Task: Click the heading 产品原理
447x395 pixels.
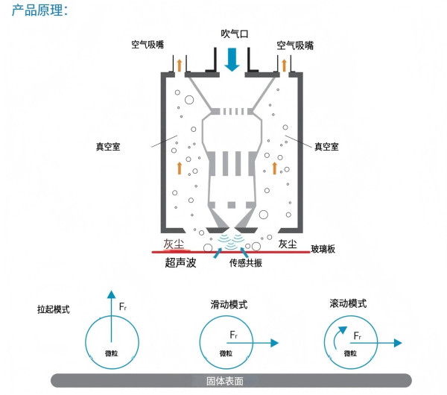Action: (x=40, y=11)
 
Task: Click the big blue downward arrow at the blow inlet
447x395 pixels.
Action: (x=232, y=59)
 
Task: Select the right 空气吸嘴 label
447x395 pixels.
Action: (x=295, y=45)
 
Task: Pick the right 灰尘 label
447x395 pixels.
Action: (x=288, y=244)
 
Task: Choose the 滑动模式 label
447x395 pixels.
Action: (x=229, y=306)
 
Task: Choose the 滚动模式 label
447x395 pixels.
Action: (x=348, y=304)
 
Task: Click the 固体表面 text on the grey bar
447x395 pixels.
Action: (x=224, y=381)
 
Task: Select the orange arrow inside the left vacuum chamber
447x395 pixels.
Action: (x=179, y=168)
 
